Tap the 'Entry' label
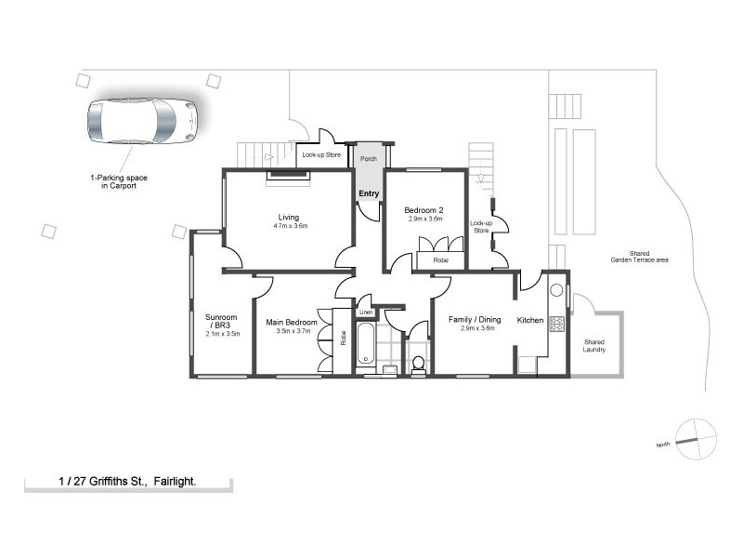370,193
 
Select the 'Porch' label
369,158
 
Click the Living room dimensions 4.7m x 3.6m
290,226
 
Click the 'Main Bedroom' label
292,323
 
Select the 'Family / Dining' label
475,320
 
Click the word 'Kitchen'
530,320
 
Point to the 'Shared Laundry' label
594,345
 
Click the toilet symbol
418,363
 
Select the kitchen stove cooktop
558,325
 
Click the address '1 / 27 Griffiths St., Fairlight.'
128,482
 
